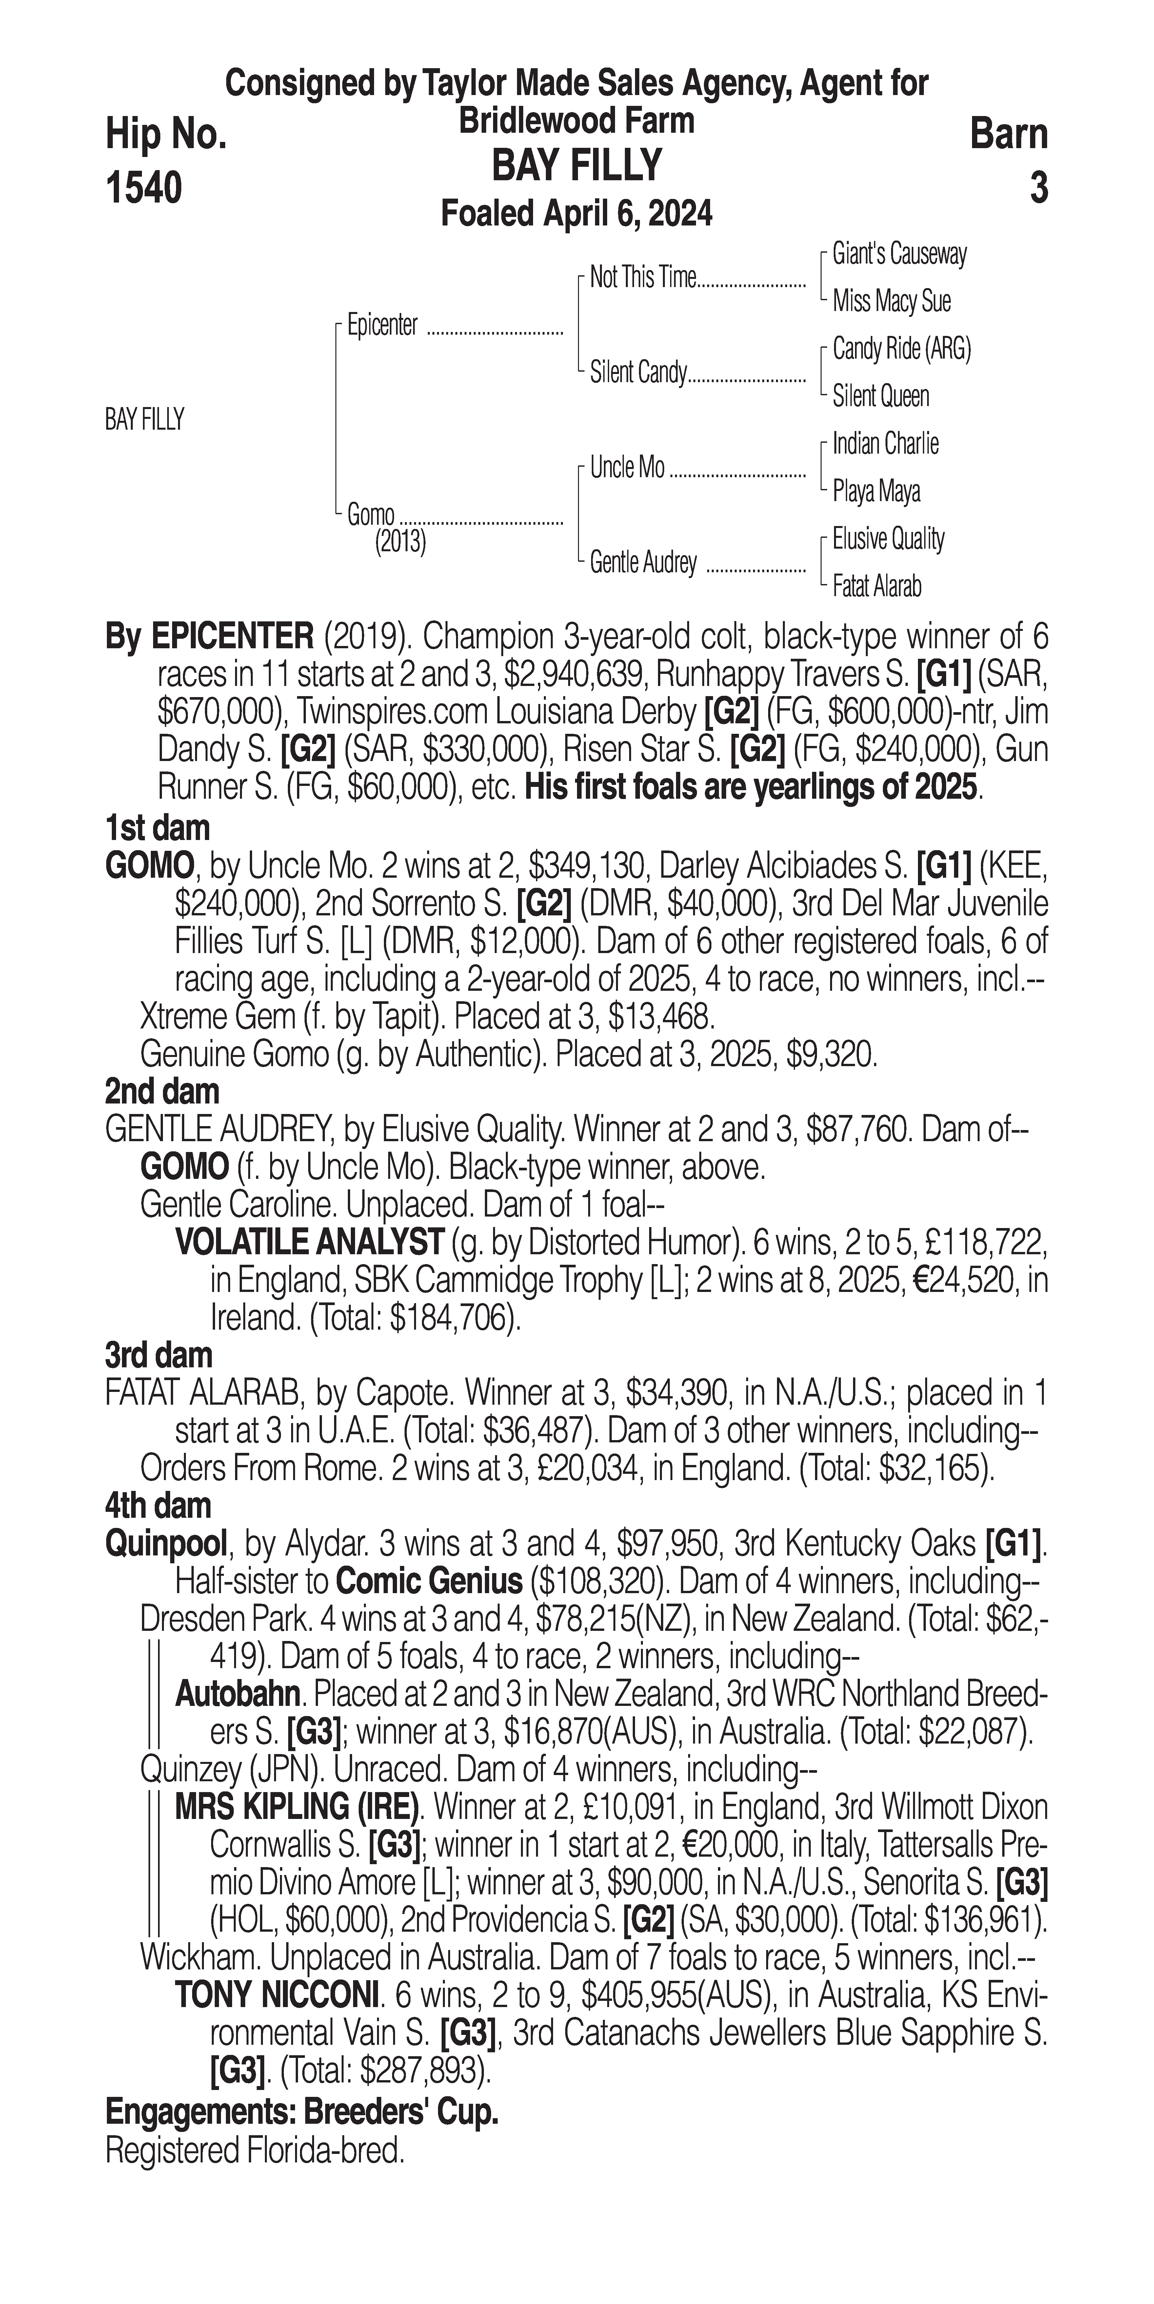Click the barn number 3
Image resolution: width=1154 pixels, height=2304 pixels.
point(1038,188)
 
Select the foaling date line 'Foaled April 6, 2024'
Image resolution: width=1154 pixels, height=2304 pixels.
point(577,214)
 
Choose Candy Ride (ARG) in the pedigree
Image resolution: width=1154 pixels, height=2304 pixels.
point(901,349)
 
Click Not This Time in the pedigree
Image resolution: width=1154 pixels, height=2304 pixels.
point(642,278)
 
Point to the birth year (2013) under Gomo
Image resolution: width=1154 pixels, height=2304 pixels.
point(400,542)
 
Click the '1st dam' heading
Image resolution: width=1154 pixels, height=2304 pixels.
point(157,827)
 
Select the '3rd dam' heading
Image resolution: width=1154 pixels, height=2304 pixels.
point(158,1355)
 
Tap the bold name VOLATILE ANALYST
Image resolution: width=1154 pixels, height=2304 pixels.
point(309,1242)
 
